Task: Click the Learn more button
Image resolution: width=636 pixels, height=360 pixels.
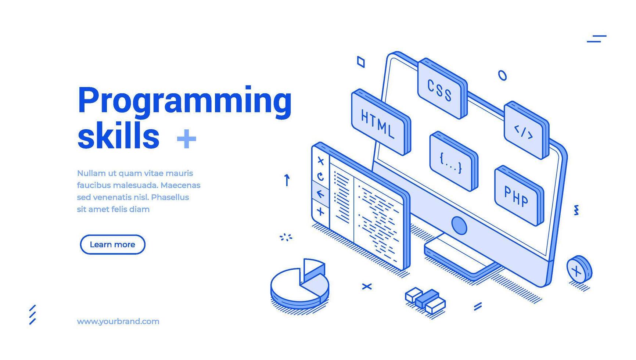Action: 112,245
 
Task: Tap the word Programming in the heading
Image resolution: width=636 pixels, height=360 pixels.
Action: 184,100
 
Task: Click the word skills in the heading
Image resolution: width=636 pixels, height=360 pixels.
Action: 118,136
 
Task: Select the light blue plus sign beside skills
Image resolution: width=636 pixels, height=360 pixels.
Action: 186,139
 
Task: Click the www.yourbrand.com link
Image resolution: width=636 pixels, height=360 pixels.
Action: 118,321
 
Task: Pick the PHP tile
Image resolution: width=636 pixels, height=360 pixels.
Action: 516,196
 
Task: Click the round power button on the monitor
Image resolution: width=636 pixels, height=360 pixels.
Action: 459,225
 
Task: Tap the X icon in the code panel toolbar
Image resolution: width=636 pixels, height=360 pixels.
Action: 320,161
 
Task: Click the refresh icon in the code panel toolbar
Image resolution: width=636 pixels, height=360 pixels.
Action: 320,177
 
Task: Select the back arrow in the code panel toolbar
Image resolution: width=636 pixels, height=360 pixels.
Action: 320,194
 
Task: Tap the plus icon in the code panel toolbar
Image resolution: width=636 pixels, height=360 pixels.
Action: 320,211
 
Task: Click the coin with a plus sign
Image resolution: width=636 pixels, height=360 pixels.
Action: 578,270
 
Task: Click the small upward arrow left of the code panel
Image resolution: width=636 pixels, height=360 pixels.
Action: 287,180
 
